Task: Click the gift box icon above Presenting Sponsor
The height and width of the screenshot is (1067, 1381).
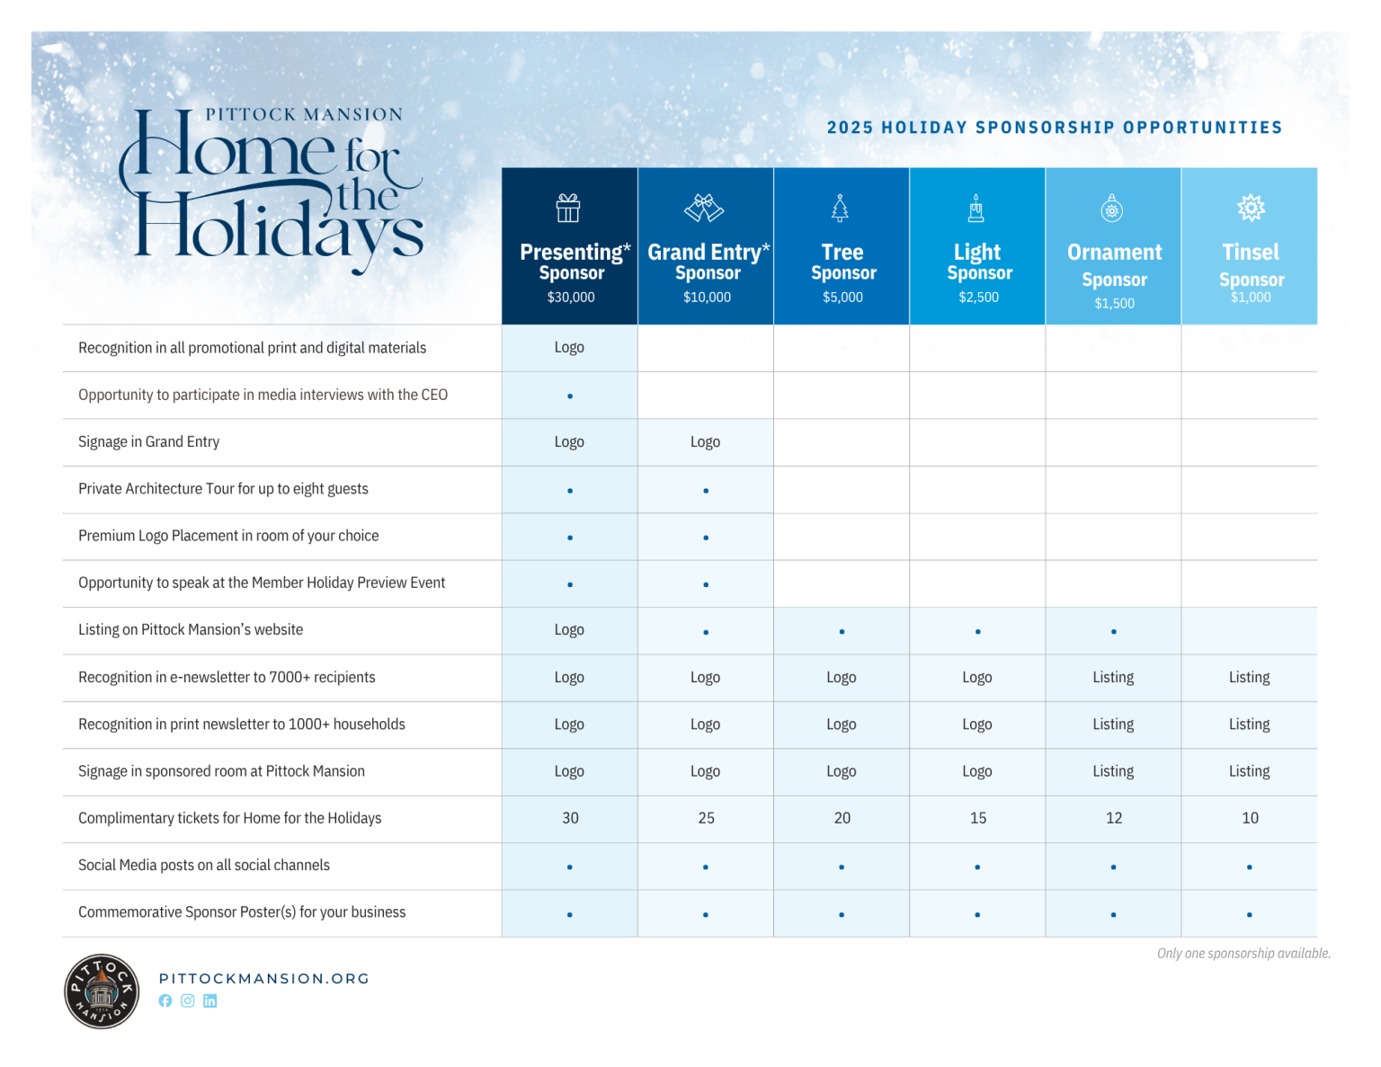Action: tap(568, 209)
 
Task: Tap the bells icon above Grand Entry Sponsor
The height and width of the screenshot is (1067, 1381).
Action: tap(704, 208)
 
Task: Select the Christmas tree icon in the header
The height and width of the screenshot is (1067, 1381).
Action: tap(840, 208)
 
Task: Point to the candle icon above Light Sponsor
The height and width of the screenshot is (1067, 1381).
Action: tap(976, 208)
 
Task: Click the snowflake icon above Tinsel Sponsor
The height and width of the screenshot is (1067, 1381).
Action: tap(1251, 208)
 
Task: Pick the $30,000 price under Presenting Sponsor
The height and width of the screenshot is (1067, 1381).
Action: tap(571, 298)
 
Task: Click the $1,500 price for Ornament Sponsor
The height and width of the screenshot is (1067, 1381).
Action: tap(1114, 304)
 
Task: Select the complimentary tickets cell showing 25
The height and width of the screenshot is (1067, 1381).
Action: tap(706, 818)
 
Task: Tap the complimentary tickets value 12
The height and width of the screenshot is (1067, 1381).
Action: tap(1114, 818)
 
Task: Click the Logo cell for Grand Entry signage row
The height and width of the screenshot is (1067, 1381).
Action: tap(705, 442)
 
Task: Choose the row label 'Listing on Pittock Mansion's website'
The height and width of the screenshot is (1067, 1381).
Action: tap(191, 630)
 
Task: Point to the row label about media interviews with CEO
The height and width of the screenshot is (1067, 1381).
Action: tap(263, 396)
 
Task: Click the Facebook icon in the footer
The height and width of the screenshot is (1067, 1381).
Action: tap(165, 1001)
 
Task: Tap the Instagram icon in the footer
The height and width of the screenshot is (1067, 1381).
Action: tap(188, 1001)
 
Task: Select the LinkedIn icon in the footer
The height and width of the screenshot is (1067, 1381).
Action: tap(209, 1001)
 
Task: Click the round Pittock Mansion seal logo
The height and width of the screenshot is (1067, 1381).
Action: tap(102, 991)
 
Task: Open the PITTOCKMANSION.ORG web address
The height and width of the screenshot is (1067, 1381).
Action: tap(264, 979)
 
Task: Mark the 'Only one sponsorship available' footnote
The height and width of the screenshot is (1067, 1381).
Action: tap(1243, 954)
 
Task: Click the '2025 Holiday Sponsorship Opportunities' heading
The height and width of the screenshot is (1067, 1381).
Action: tap(1055, 128)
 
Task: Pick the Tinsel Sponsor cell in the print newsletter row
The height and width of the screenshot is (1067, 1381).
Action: tap(1249, 725)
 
